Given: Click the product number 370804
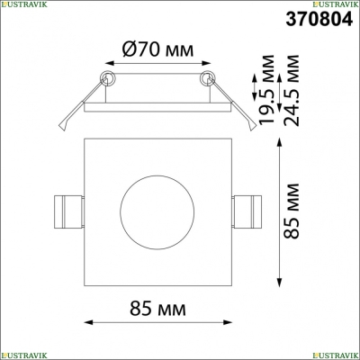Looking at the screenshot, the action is point(319,20).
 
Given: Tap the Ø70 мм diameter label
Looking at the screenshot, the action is point(157,49).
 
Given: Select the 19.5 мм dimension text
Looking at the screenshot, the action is point(266,89).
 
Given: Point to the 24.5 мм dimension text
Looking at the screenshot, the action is point(291,90).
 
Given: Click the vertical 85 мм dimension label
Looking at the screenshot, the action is point(291,211).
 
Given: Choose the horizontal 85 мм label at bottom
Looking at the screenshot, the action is point(157,309).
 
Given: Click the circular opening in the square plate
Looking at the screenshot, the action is point(157,212).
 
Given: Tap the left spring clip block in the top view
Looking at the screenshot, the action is point(68,211).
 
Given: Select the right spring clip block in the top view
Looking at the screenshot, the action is point(247,211).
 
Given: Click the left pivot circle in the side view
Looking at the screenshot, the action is point(107,78).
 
